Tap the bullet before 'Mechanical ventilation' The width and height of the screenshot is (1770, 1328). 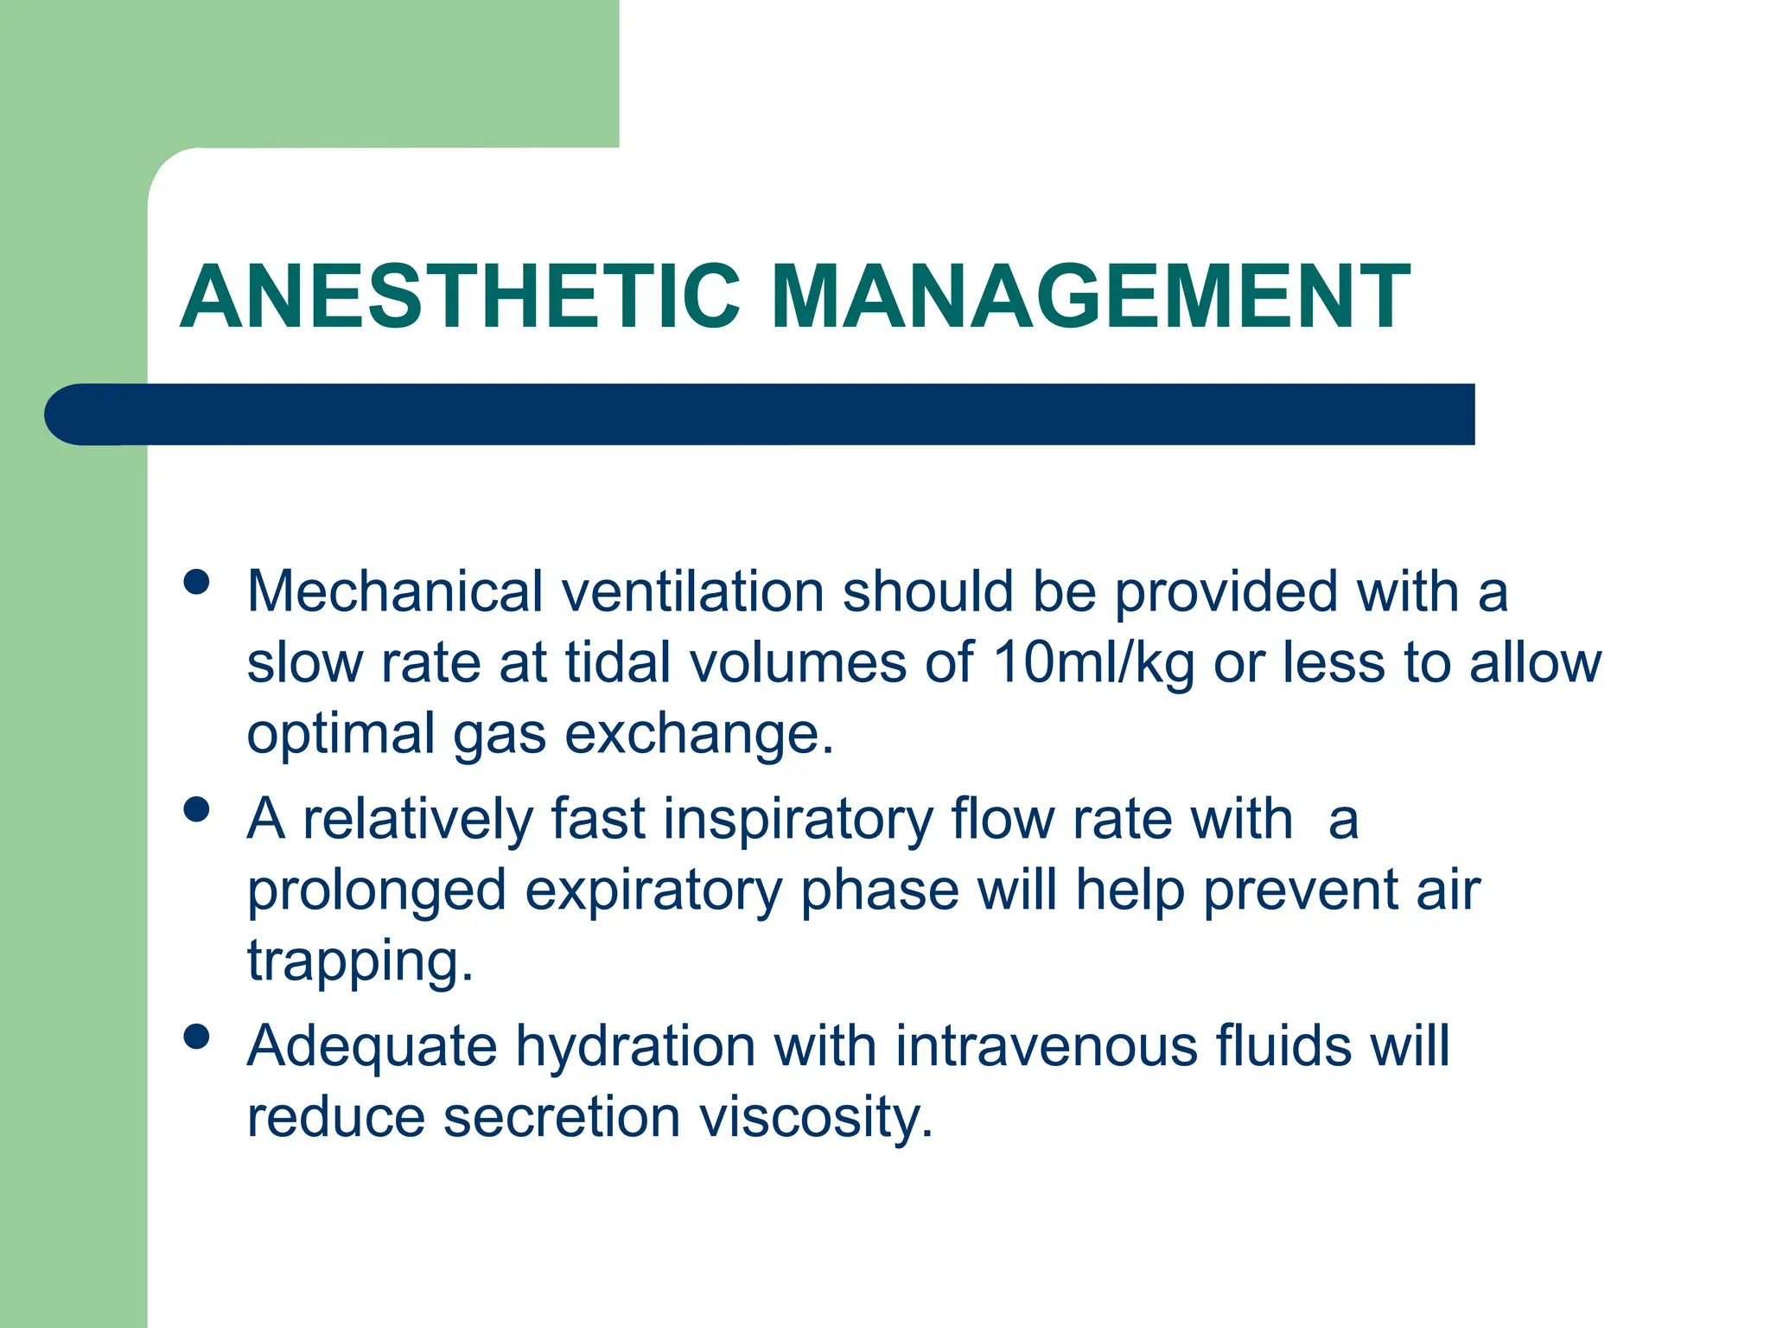coord(197,582)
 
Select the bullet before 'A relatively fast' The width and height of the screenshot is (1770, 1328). coord(197,809)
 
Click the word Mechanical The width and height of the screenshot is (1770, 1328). coord(395,592)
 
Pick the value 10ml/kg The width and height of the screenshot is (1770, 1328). coord(1093,664)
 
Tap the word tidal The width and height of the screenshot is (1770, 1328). coord(618,664)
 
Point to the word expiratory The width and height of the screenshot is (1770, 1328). coord(653,891)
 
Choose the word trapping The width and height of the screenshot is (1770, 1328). coord(360,961)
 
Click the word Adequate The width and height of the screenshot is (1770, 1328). coord(372,1046)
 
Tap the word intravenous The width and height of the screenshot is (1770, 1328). coord(1046,1046)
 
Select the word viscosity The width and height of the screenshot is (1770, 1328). coord(816,1117)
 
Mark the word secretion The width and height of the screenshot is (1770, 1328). coord(561,1117)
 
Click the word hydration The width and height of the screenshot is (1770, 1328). coord(635,1046)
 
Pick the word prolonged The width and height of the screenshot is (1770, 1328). coord(376,891)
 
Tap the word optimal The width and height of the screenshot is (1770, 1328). coord(341,735)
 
